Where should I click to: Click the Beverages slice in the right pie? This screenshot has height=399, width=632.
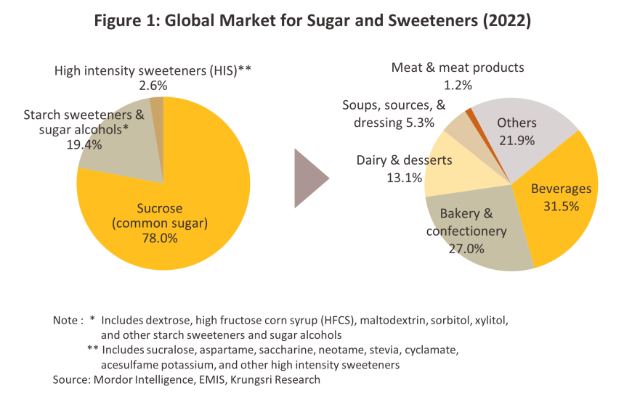[x=559, y=218]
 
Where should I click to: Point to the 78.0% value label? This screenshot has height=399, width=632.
[x=161, y=238]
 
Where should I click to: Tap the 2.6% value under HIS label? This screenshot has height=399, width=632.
[x=153, y=84]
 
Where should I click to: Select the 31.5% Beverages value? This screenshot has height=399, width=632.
[x=561, y=205]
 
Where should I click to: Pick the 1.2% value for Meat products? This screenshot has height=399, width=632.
[x=458, y=84]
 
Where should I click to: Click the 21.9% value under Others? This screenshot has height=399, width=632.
[x=516, y=139]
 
